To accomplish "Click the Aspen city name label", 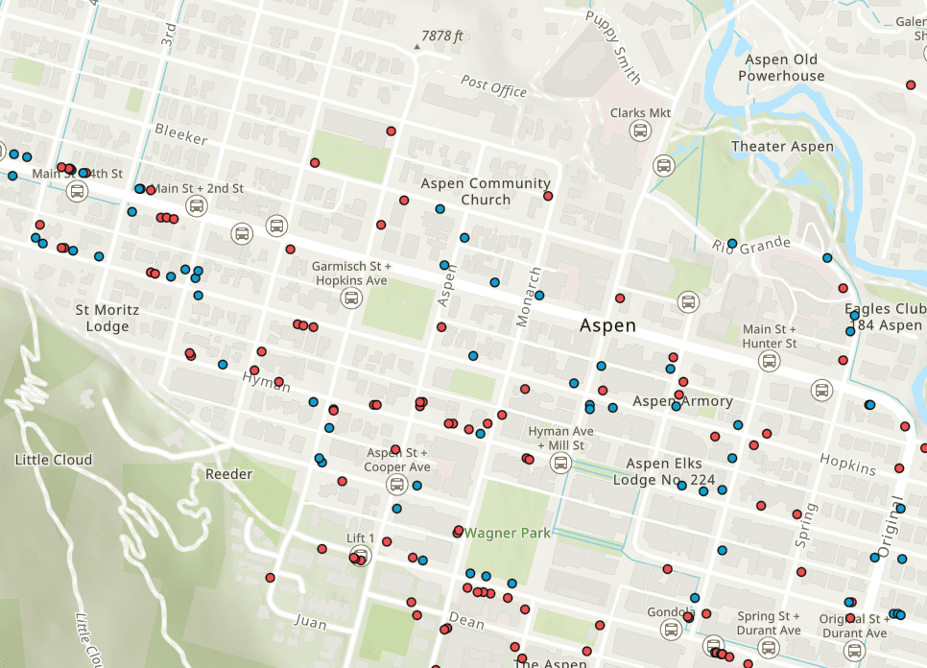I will [x=607, y=325].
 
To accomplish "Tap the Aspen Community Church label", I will [x=486, y=192].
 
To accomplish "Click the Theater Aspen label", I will [x=782, y=147].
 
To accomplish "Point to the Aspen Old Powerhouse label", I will [x=780, y=68].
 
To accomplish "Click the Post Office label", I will [x=493, y=87].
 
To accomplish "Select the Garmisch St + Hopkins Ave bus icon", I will [x=351, y=298].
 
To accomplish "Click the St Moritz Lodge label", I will [x=107, y=318].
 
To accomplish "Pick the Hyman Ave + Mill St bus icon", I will [x=560, y=463].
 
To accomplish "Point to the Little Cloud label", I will [x=54, y=460].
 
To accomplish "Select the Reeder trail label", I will [x=228, y=474].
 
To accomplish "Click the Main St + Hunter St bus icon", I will [x=769, y=361].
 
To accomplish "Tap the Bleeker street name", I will [x=181, y=134].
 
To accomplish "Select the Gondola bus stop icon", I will [x=671, y=630].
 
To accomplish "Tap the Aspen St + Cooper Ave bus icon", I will [x=396, y=485].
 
